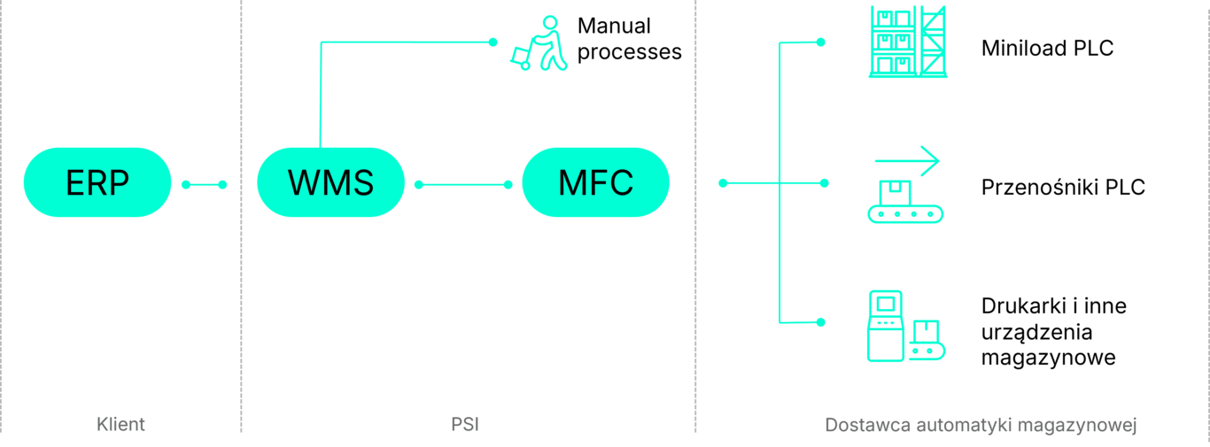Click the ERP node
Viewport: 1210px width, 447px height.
click(97, 182)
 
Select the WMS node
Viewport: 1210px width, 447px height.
click(330, 182)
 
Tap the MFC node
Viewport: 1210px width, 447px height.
click(595, 182)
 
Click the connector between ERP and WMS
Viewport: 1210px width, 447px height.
click(205, 185)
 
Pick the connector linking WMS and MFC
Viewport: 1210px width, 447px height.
click(463, 185)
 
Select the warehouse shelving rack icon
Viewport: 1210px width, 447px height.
click(907, 42)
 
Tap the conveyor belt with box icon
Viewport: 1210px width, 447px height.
click(905, 204)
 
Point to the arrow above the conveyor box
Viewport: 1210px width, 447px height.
click(907, 161)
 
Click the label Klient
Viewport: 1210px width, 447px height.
click(121, 425)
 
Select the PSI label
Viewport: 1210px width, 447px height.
click(465, 425)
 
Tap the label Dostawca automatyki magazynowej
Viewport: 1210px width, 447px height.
click(981, 425)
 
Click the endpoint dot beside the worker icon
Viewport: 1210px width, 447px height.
click(493, 42)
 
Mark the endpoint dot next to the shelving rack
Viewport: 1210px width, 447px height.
click(820, 42)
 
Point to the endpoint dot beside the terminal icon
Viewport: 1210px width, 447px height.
click(820, 321)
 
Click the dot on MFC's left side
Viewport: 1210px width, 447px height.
click(508, 185)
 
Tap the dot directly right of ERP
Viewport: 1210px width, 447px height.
click(186, 185)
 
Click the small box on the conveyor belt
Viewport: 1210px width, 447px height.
click(896, 189)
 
